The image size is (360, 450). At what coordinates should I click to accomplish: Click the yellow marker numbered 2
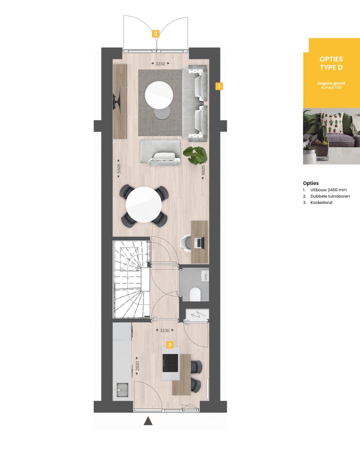tap(156, 34)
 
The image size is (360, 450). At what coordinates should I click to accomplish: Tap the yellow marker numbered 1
tap(218, 86)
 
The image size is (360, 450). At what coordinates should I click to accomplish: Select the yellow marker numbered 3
tap(170, 344)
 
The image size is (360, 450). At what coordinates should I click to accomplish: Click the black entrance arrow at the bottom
tap(148, 421)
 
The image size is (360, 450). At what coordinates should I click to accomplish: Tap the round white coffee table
tap(159, 94)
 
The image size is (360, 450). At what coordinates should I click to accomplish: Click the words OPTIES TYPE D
tap(331, 63)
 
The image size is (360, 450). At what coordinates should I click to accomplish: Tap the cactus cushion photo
tap(331, 136)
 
